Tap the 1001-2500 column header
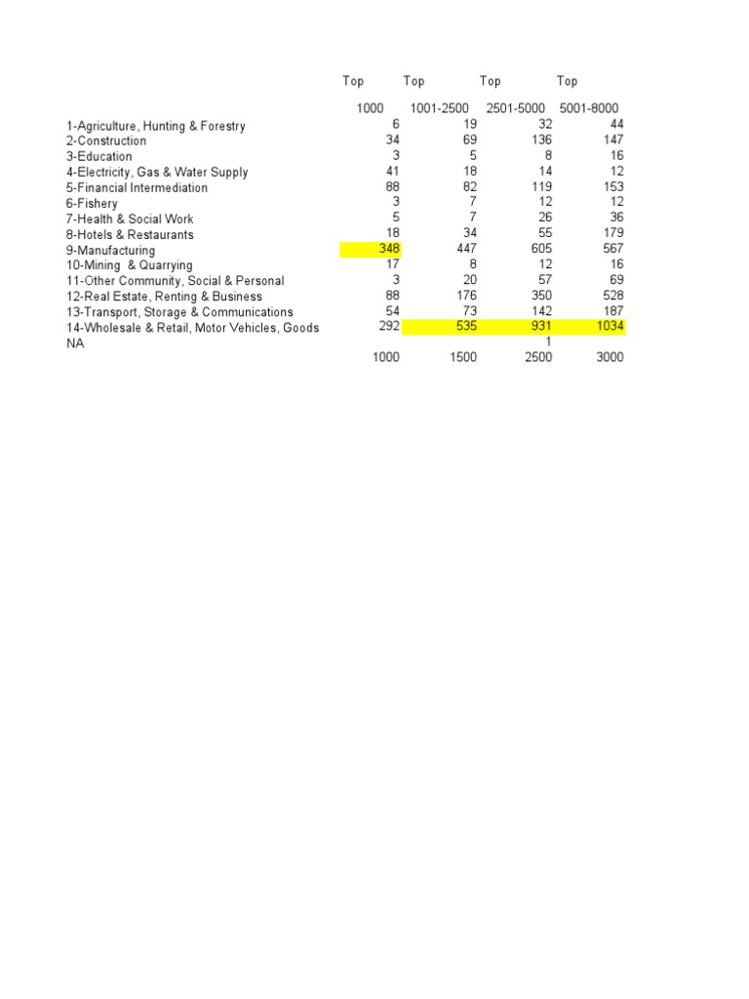click(x=440, y=108)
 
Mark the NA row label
click(x=75, y=343)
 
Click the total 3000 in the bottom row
click(x=608, y=357)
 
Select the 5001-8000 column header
click(x=589, y=108)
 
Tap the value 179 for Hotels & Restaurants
click(x=612, y=233)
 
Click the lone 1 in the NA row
click(x=548, y=341)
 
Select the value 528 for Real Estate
click(x=612, y=296)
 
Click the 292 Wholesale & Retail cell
click(x=389, y=327)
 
